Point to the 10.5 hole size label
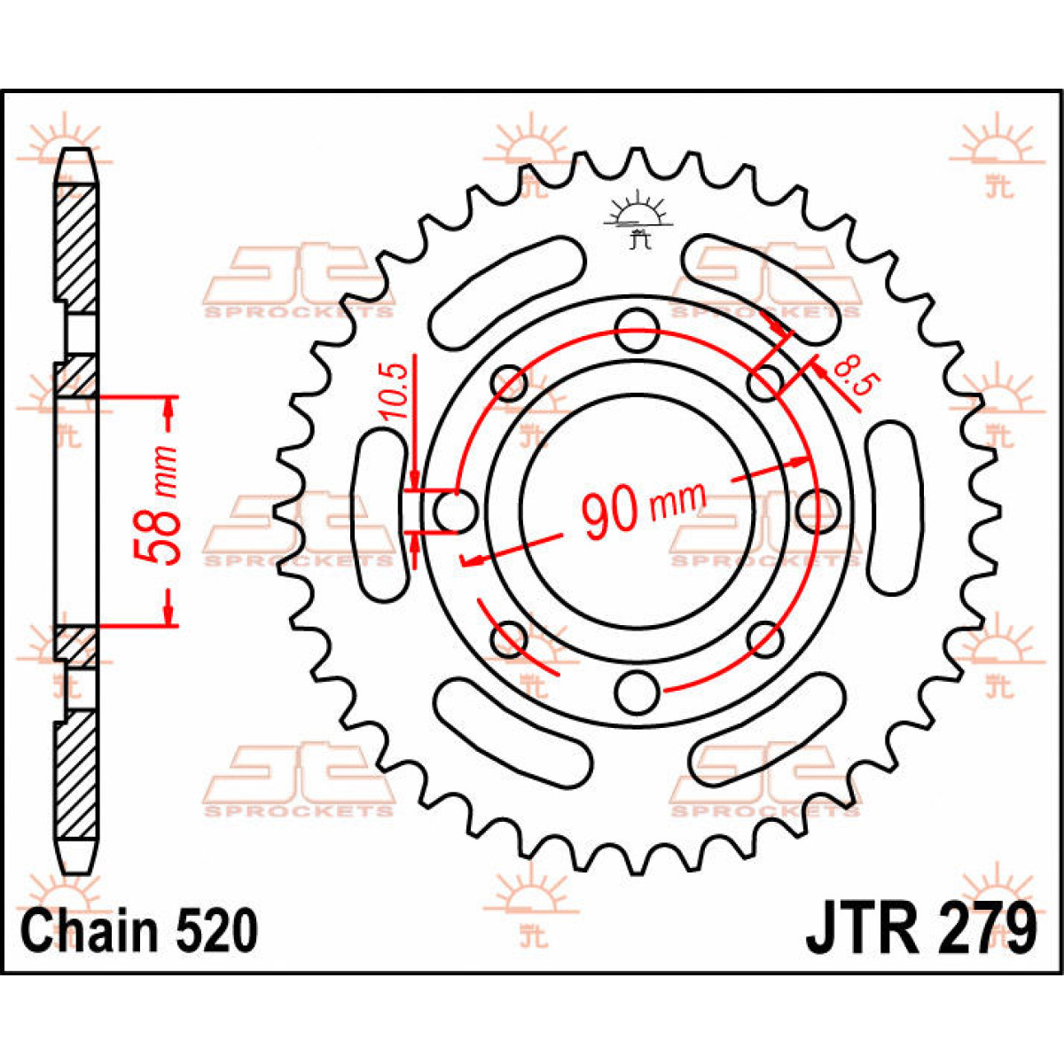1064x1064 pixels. click(396, 390)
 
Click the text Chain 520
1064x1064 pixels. click(139, 931)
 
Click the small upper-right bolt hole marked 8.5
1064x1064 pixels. click(765, 384)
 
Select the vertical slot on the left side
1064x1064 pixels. click(382, 511)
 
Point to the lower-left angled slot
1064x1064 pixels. click(512, 730)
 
